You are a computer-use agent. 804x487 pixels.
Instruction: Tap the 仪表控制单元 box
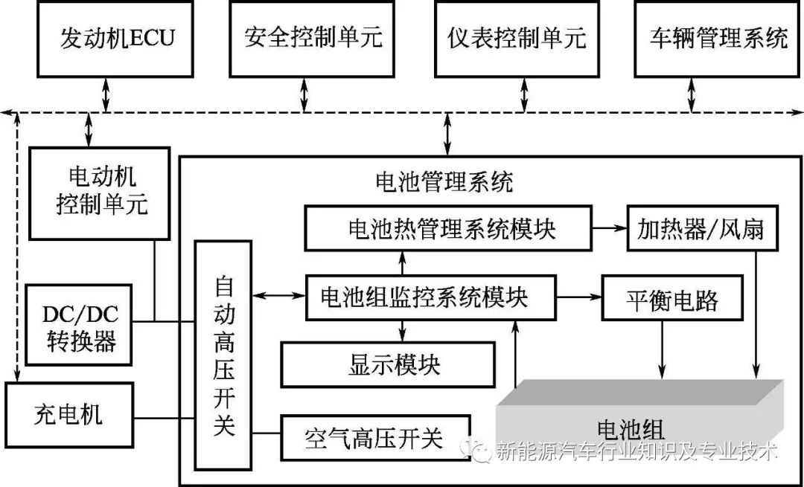pos(517,38)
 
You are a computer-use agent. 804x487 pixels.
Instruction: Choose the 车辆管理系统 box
pos(718,38)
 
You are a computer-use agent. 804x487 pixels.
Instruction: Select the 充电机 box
pos(68,415)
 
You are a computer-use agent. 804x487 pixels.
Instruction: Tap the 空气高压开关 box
pos(374,437)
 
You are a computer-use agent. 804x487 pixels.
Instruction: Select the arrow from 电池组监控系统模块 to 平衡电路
pos(579,297)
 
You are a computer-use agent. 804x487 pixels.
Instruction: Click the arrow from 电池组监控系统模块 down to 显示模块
pos(403,330)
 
